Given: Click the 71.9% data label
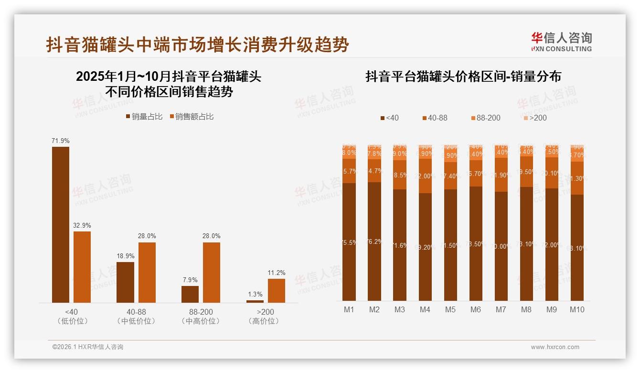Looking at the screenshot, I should click(x=61, y=141).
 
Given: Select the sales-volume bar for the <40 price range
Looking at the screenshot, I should click(x=61, y=225).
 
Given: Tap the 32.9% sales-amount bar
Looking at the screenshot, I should click(x=82, y=267).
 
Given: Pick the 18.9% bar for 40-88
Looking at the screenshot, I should click(x=125, y=282).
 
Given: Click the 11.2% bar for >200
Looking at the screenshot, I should click(x=276, y=291).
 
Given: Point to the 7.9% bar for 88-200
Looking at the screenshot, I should click(x=190, y=294).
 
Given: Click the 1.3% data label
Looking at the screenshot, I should click(x=255, y=294).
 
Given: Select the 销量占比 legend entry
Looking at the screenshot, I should click(x=144, y=117).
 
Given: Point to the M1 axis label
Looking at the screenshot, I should click(x=349, y=309).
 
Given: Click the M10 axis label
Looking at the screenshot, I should click(x=577, y=309).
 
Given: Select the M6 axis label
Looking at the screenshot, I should click(x=476, y=309).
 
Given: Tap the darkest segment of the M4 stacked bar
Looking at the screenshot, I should click(x=425, y=246).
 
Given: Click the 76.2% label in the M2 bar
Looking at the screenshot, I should click(x=374, y=242).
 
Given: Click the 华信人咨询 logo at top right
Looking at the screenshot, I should click(x=561, y=42).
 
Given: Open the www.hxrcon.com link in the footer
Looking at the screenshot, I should click(x=555, y=347).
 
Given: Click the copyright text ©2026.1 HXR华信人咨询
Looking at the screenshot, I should click(x=88, y=347).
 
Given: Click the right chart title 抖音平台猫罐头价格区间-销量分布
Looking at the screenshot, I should click(x=463, y=77).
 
